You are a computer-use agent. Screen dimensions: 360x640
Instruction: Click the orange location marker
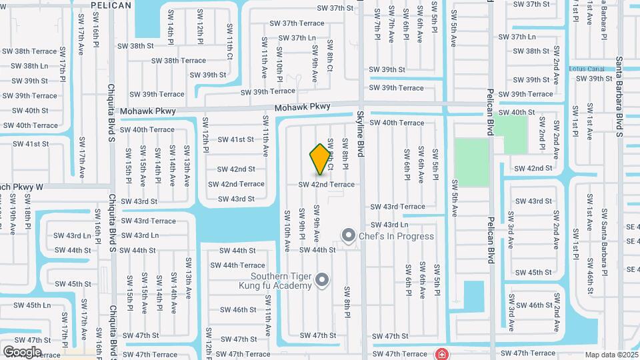(320, 159)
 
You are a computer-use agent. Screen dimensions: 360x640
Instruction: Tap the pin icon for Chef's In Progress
(348, 235)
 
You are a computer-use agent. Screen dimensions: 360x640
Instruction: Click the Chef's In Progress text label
(396, 236)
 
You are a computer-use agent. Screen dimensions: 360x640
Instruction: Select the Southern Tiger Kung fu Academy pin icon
(322, 280)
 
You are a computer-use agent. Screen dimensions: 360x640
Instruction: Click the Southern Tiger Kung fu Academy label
(281, 281)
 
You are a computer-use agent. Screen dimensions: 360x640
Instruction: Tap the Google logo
(22, 351)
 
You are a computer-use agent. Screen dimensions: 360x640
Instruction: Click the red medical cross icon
(441, 353)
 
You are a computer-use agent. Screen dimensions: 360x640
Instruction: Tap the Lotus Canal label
(586, 69)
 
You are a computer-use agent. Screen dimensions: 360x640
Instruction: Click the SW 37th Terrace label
(297, 23)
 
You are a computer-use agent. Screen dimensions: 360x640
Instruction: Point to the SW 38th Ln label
(27, 66)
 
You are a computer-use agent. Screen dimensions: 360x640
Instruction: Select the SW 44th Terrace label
(243, 265)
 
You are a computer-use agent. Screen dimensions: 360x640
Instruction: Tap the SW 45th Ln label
(28, 305)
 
